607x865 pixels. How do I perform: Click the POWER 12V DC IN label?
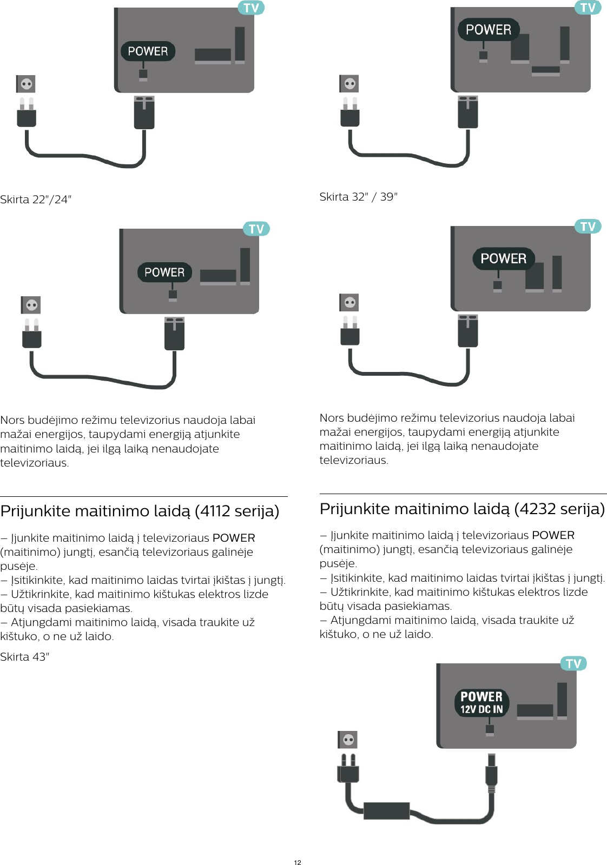(x=481, y=703)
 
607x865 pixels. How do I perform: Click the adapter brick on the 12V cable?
(x=386, y=810)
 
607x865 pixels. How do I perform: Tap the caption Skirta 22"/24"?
(x=36, y=199)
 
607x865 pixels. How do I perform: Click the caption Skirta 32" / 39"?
(x=358, y=197)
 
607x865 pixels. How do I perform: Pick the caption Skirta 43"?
(x=24, y=657)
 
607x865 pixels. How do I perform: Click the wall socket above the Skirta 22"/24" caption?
(x=26, y=84)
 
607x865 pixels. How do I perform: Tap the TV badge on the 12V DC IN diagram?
(x=573, y=663)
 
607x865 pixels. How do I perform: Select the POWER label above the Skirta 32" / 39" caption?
(x=489, y=30)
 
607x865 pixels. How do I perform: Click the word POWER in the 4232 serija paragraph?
(x=553, y=535)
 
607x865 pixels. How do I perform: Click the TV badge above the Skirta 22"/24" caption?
(x=251, y=8)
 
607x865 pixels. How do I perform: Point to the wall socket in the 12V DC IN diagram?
(x=348, y=740)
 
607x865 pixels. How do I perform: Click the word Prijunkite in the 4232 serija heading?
(x=357, y=509)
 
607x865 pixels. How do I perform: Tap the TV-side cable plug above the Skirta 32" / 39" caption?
(x=468, y=112)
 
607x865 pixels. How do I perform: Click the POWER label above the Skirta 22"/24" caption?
(x=148, y=51)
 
